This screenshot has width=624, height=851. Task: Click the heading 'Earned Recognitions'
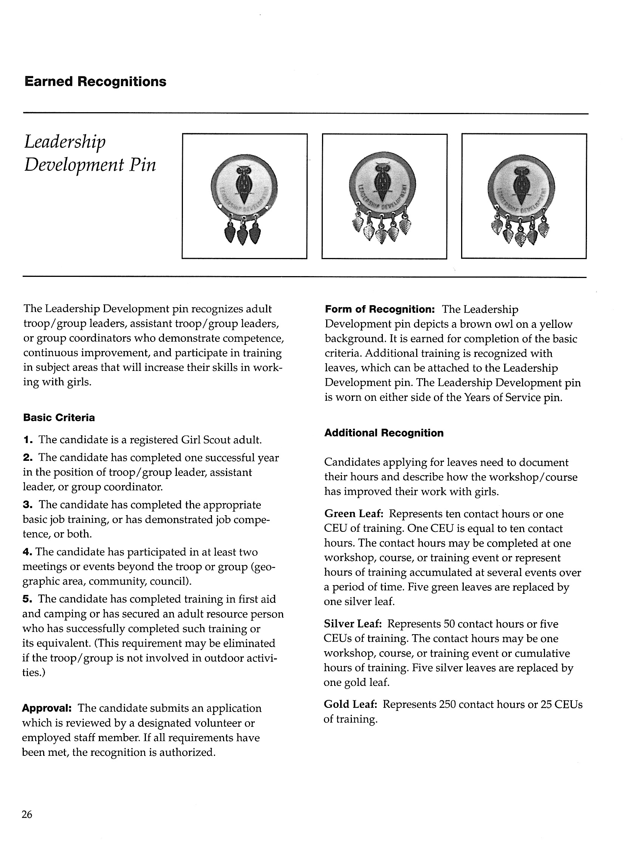(x=95, y=82)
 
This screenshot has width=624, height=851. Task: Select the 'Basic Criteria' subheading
(x=59, y=418)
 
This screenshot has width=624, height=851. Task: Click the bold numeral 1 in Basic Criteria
(x=27, y=440)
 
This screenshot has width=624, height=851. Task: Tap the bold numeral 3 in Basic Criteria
(x=27, y=505)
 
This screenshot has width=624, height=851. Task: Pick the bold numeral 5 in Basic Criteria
(x=27, y=599)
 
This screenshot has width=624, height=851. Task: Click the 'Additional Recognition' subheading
(x=384, y=433)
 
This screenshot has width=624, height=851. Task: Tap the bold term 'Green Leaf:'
(x=354, y=514)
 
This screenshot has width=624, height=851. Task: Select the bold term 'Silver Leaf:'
(x=353, y=624)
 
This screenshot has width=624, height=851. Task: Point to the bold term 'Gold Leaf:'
(x=350, y=704)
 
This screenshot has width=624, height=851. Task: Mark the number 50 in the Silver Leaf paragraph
(x=449, y=624)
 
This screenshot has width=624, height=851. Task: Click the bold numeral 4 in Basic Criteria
(x=27, y=552)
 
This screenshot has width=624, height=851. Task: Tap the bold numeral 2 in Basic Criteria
(x=27, y=458)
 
